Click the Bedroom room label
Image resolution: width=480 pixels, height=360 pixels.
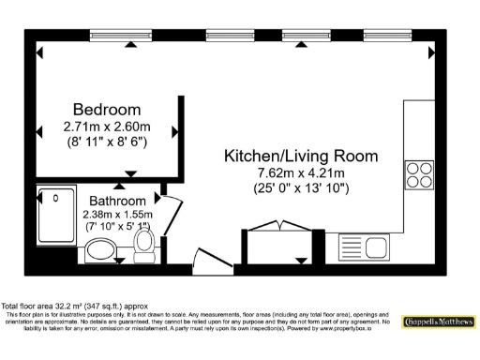tap(107, 109)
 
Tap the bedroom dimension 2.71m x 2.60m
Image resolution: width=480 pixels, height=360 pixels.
tap(107, 127)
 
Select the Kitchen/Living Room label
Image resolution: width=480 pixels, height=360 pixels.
tap(300, 156)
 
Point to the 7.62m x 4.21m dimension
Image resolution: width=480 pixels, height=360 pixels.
tap(300, 173)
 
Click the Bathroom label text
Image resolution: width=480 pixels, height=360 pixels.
tap(117, 201)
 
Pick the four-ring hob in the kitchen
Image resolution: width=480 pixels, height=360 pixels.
tap(419, 175)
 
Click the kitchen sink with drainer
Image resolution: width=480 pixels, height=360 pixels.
tap(364, 247)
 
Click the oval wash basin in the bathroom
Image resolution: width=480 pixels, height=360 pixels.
tap(98, 250)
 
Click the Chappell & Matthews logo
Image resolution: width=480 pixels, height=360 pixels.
tap(437, 322)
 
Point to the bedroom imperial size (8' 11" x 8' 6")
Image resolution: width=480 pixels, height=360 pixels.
tap(107, 142)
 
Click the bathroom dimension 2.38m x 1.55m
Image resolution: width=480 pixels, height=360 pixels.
tap(117, 214)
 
